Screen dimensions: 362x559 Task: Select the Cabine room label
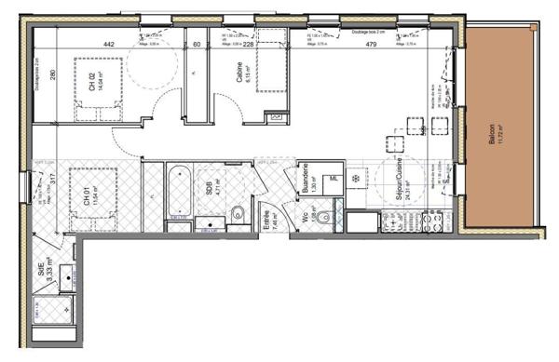[x=239, y=83]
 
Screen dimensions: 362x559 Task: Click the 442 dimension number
[x=108, y=44]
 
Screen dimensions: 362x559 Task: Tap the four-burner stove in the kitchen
[x=433, y=223]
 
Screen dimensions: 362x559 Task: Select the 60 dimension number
[x=196, y=44]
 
